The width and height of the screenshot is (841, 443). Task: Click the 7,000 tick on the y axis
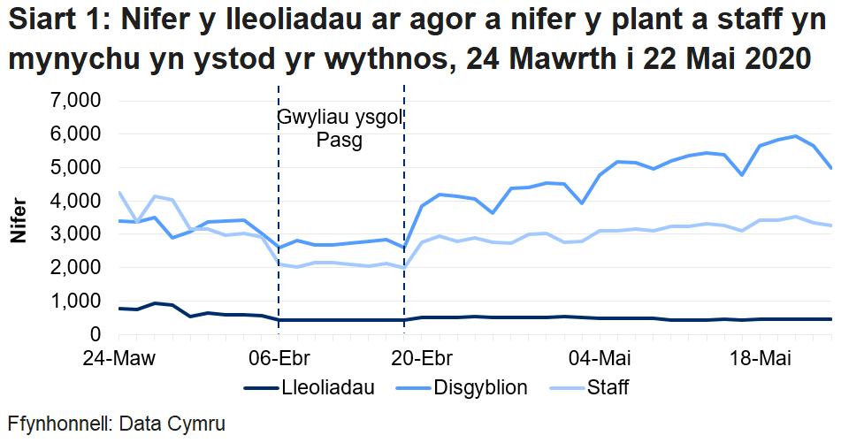pyautogui.click(x=75, y=101)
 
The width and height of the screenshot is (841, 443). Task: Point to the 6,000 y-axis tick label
pyautogui.click(x=75, y=134)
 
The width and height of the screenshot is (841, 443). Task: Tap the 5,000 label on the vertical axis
pyautogui.click(x=75, y=168)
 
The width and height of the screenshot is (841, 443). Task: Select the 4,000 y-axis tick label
pyautogui.click(x=75, y=202)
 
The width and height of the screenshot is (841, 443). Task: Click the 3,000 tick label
pyautogui.click(x=75, y=235)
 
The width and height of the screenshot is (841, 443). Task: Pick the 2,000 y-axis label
pyautogui.click(x=75, y=268)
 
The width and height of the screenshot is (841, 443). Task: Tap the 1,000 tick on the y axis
pyautogui.click(x=75, y=302)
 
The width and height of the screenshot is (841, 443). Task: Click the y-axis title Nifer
pyautogui.click(x=18, y=221)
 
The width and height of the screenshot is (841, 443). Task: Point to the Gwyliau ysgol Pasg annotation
pyautogui.click(x=340, y=129)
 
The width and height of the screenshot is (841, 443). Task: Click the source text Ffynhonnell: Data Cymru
pyautogui.click(x=116, y=424)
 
